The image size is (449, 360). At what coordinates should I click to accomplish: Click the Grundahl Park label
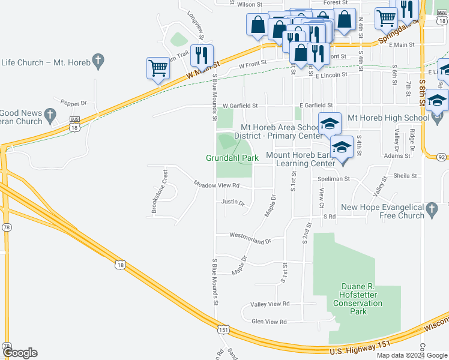click(x=232, y=158)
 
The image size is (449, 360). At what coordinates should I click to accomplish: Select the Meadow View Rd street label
click(x=216, y=185)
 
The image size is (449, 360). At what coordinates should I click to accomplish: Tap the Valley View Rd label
click(x=270, y=304)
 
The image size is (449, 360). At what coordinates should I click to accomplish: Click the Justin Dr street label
click(x=233, y=202)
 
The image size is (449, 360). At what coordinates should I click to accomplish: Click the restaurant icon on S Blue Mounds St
click(x=201, y=55)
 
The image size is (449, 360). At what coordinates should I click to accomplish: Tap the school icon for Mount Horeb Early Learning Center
click(x=342, y=146)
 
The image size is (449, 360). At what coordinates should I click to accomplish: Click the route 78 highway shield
click(x=7, y=227)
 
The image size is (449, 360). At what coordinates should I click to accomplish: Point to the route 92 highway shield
click(x=442, y=157)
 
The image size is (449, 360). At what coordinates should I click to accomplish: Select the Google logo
click(x=20, y=353)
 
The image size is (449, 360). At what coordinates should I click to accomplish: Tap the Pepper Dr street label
click(x=74, y=103)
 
